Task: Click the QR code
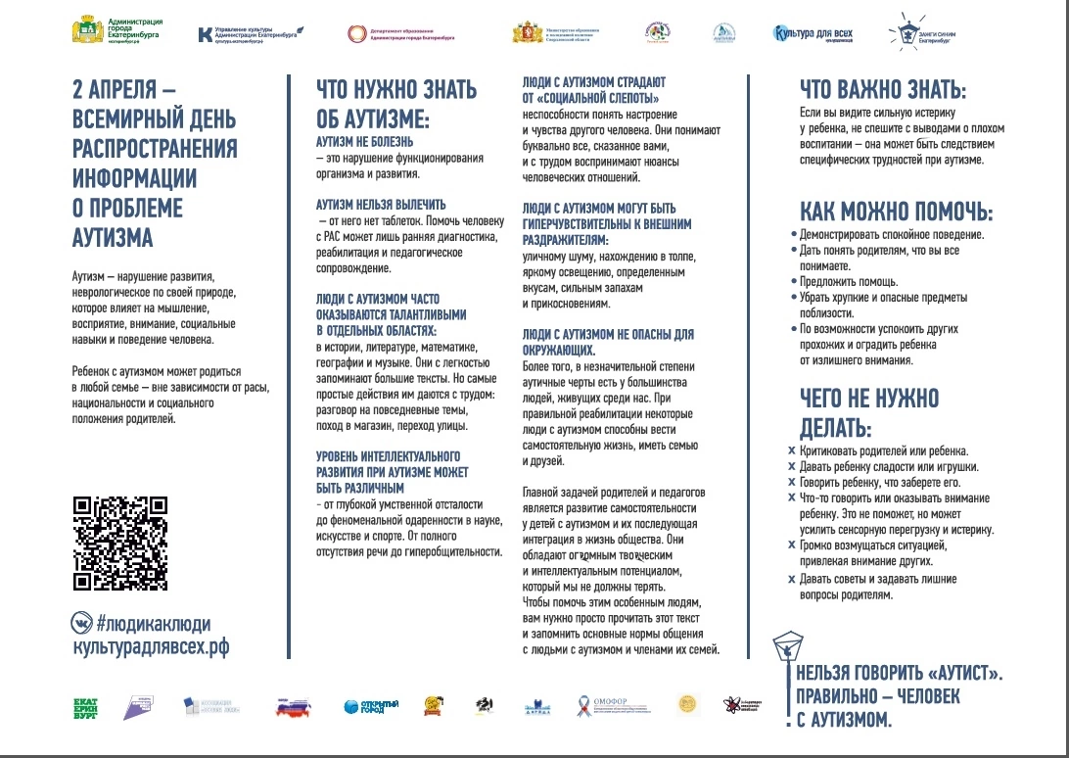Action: (120, 545)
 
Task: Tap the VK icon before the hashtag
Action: (82, 623)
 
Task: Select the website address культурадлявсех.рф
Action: (151, 647)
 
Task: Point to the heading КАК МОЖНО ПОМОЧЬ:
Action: (896, 213)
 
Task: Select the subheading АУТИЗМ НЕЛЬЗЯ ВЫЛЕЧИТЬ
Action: (381, 205)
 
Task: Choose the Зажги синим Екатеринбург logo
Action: (916, 32)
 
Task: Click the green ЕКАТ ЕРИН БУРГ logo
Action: (87, 706)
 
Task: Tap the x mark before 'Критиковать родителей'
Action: (791, 451)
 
